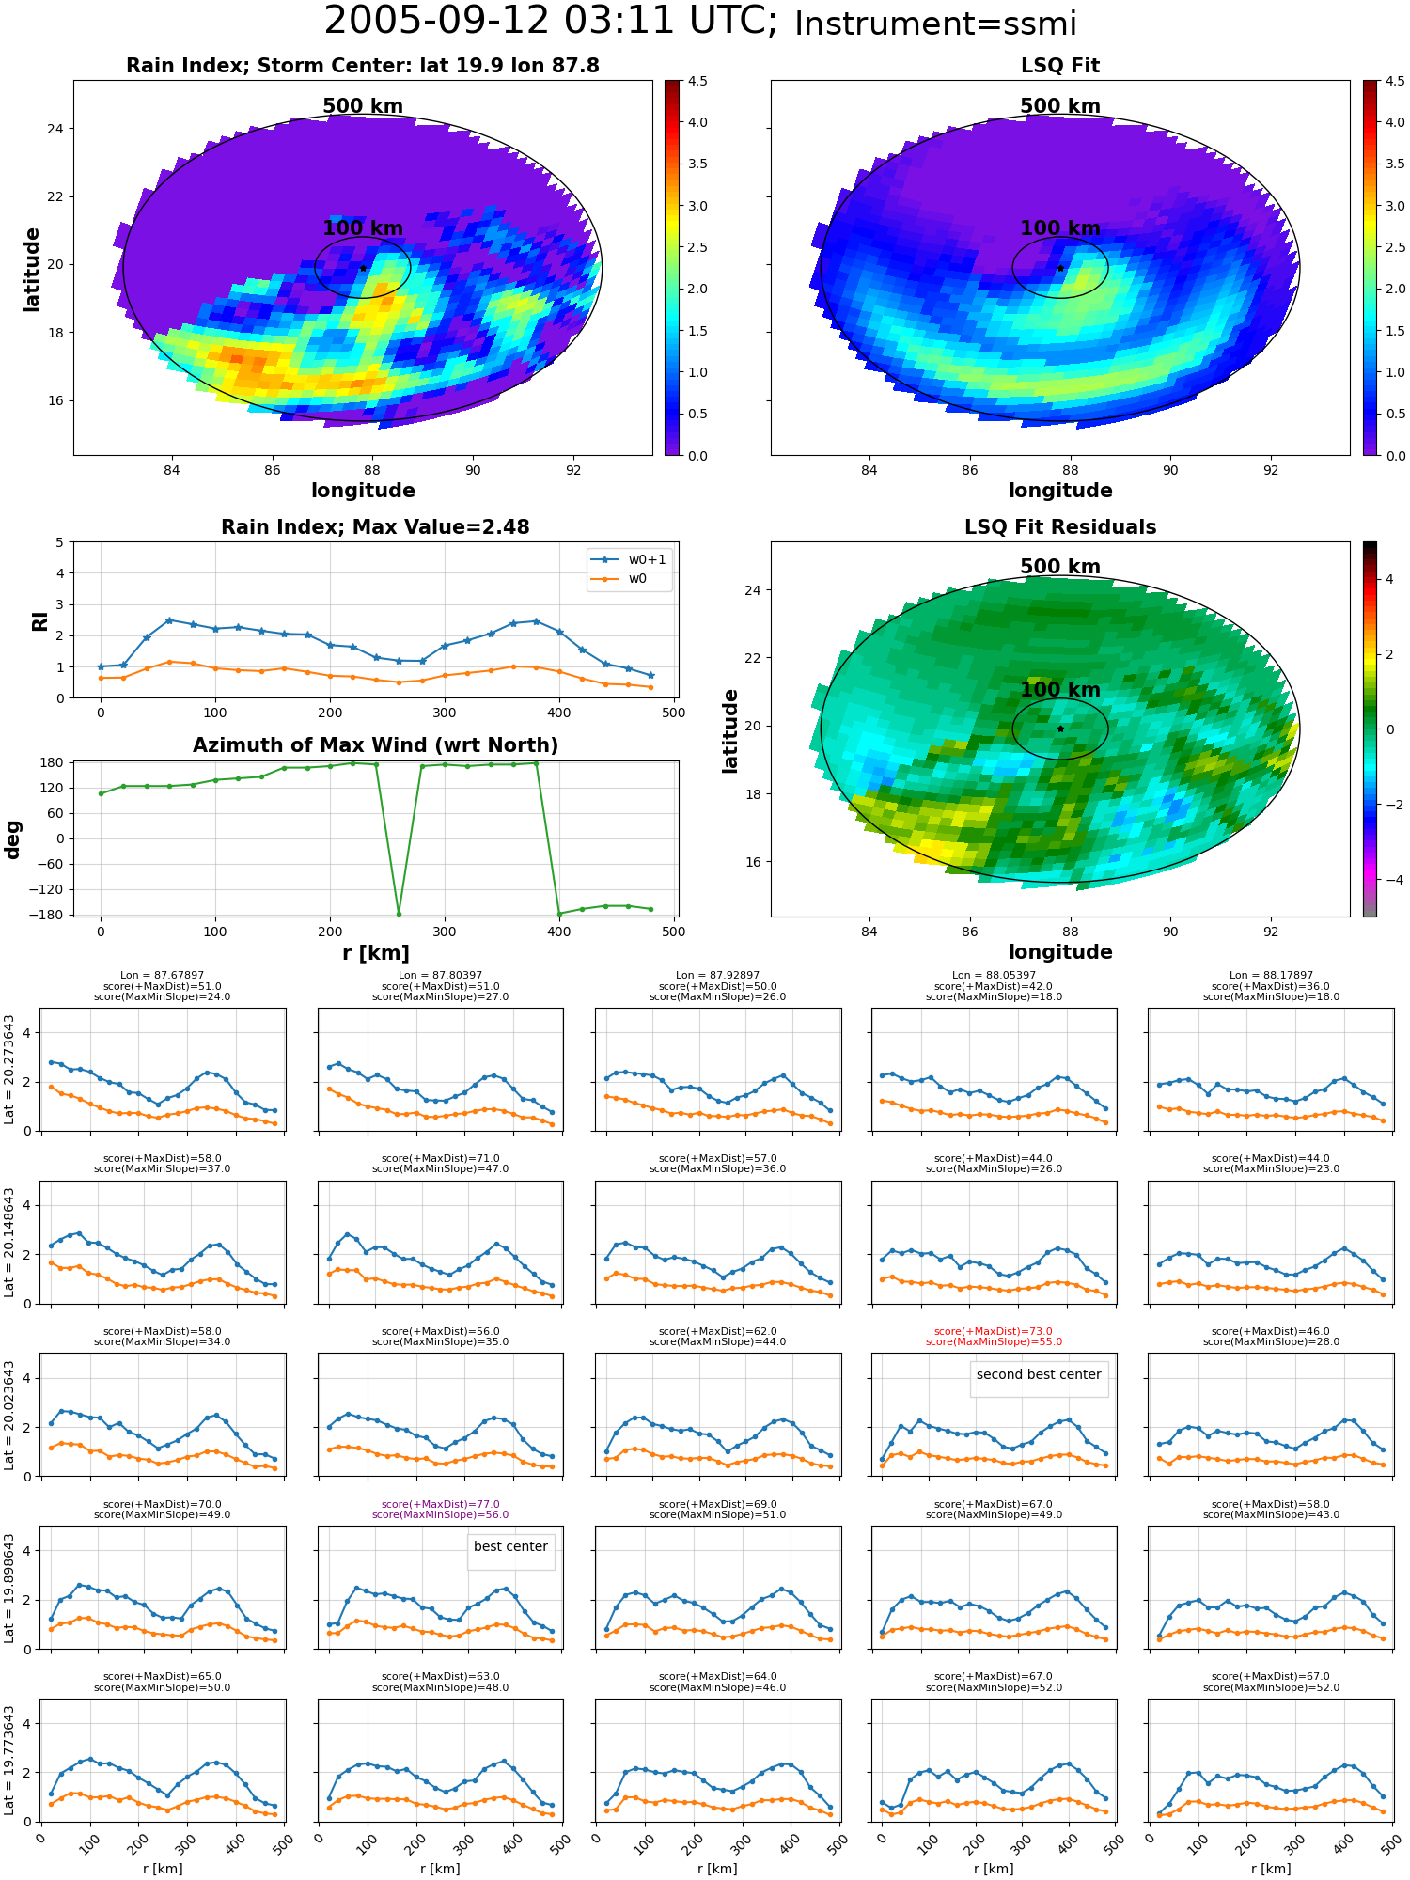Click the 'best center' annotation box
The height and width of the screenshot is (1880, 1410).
click(510, 1546)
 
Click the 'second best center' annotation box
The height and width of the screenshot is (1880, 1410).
click(1039, 1374)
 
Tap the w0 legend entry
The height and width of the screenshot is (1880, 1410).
click(619, 579)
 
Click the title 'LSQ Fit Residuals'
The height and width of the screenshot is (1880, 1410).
click(1060, 527)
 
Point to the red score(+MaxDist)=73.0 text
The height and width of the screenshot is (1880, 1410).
click(994, 1331)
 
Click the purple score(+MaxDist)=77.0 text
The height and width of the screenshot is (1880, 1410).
click(440, 1504)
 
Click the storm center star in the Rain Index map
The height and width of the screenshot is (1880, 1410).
click(363, 268)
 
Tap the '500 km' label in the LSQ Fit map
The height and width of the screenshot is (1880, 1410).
click(1060, 106)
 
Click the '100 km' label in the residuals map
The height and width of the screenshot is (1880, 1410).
click(1060, 689)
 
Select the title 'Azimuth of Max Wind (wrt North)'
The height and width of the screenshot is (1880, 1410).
click(376, 745)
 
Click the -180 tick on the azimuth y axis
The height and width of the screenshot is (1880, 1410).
click(52, 915)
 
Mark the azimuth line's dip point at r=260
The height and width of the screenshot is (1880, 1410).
click(399, 914)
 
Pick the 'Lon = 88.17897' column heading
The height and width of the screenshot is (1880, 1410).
click(1271, 976)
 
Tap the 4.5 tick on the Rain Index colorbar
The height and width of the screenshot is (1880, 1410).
click(697, 81)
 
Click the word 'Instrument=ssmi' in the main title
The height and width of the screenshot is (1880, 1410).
click(935, 24)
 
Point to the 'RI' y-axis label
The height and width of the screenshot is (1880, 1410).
click(39, 620)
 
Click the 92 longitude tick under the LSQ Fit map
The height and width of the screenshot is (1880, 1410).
click(1271, 470)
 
